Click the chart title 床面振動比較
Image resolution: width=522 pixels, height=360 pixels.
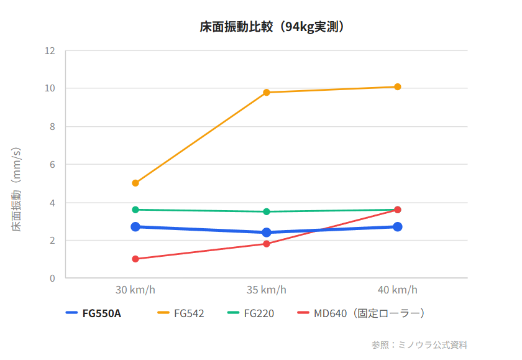272,27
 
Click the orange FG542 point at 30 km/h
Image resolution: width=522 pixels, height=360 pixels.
135,183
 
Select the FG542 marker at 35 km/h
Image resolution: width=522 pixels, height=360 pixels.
267,93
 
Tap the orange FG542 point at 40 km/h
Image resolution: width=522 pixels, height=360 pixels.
398,87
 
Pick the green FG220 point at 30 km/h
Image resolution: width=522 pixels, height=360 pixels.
135,210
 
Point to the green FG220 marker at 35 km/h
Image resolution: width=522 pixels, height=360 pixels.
267,211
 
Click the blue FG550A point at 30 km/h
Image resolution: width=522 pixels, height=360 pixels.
135,227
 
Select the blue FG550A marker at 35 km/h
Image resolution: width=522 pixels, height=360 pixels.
267,233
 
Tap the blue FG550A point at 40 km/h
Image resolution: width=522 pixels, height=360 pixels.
398,227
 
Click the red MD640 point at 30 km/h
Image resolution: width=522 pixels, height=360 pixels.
135,259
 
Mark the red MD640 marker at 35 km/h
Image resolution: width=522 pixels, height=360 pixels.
267,244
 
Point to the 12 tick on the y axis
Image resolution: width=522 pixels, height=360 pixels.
50,50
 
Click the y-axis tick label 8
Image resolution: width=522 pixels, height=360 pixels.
53,127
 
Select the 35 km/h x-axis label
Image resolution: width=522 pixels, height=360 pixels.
267,290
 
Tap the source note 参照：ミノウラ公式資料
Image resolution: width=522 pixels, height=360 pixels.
419,344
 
